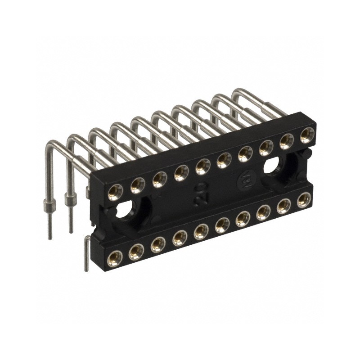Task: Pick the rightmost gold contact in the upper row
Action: pyautogui.click(x=307, y=135)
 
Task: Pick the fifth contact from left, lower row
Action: pyautogui.click(x=200, y=231)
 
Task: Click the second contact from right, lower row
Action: pyautogui.click(x=283, y=206)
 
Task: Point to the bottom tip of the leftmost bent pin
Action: pyautogui.click(x=50, y=237)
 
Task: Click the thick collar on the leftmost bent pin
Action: pyautogui.click(x=49, y=207)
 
